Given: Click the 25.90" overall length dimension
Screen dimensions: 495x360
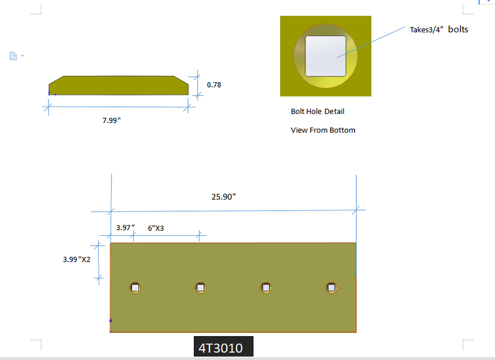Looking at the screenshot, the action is point(224,197).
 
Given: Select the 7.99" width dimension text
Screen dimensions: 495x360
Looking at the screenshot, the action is point(112,121).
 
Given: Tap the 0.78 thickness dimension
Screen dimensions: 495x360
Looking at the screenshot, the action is point(214,85).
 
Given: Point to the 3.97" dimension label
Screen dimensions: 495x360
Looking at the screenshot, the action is point(125,227).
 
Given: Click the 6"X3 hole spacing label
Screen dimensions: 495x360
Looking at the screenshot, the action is point(155,228).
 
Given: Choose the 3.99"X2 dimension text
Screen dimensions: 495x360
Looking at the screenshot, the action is point(77,259).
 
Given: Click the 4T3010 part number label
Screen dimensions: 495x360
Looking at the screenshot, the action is point(221,348).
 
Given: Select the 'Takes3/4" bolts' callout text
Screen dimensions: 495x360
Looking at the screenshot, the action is point(439,29).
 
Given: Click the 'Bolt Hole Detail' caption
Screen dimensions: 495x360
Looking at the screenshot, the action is point(317,111).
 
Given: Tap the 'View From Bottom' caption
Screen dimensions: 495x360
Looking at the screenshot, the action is point(323,130).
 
